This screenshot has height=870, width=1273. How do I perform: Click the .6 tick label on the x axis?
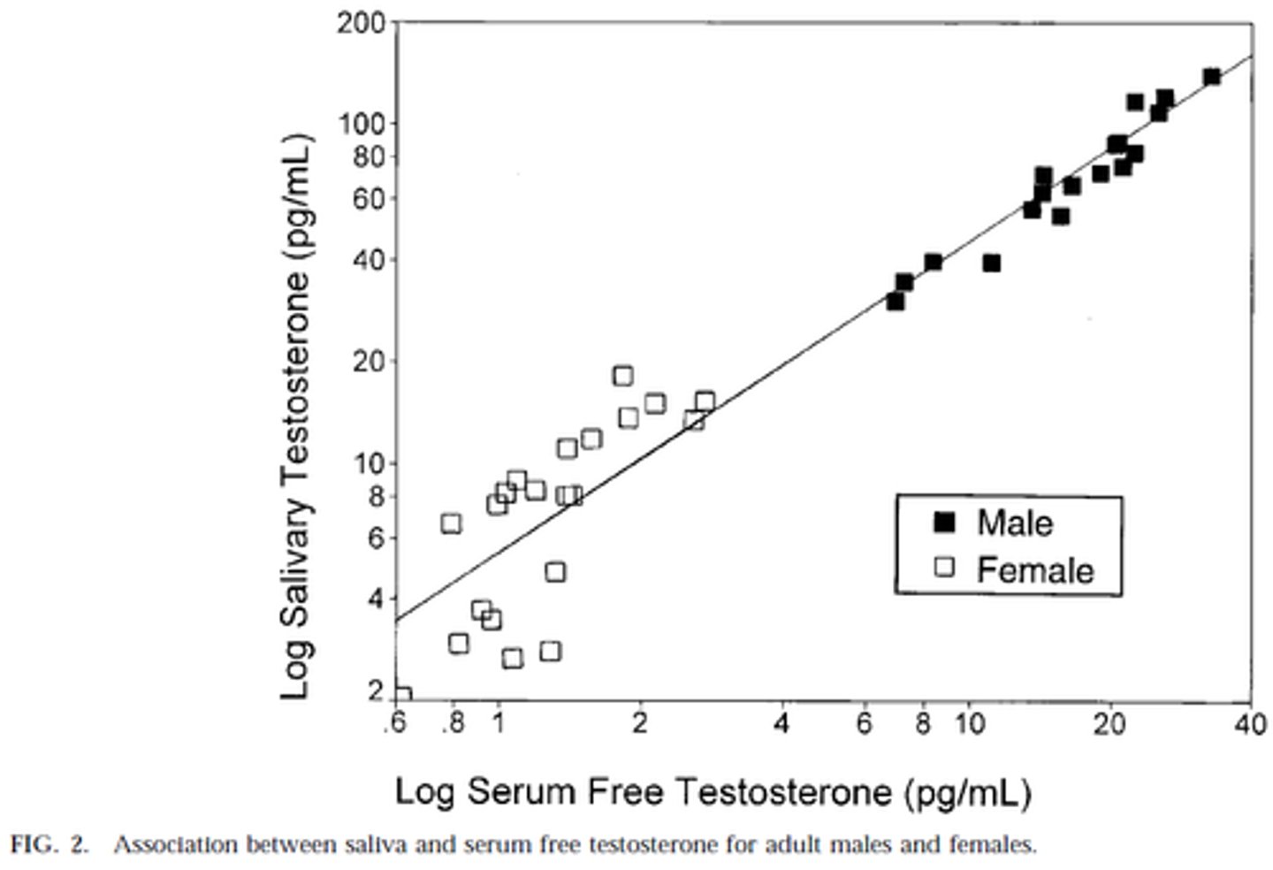tap(394, 723)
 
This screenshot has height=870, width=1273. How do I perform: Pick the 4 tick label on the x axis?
tap(781, 723)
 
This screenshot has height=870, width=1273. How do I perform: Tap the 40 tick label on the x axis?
tap(1250, 723)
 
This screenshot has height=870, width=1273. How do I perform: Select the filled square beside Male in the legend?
tap(945, 523)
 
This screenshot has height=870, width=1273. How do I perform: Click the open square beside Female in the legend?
tap(945, 567)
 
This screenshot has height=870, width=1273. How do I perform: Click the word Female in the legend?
tap(1035, 570)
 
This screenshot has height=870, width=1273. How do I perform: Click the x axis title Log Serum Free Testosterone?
tap(713, 790)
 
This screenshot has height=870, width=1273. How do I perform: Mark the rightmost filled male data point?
tap(1211, 77)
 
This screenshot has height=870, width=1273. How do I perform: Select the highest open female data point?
tap(622, 376)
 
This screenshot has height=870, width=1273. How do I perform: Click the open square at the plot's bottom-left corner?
tap(401, 695)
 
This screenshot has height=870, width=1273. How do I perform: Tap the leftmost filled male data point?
tap(895, 301)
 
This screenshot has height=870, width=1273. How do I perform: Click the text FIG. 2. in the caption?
tap(50, 844)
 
